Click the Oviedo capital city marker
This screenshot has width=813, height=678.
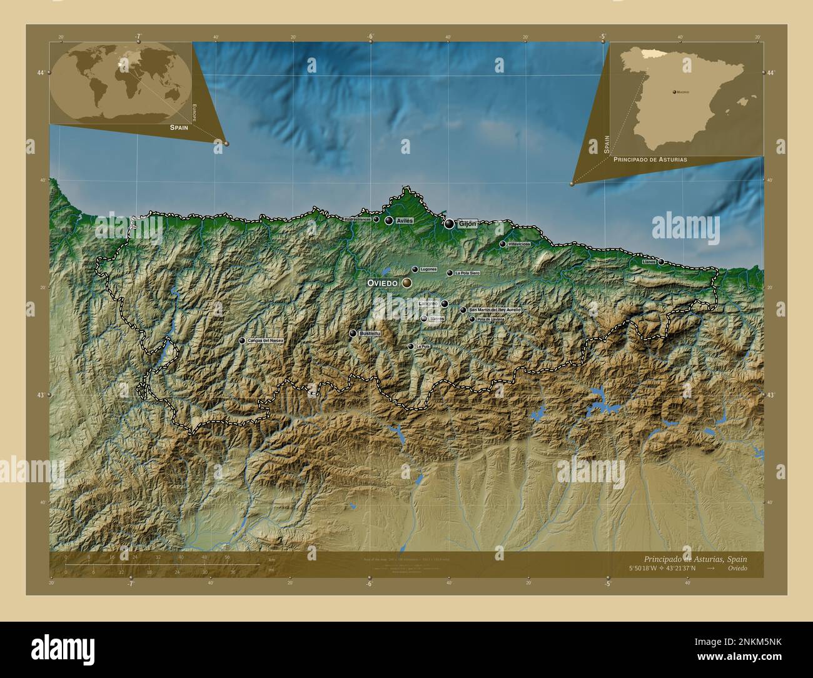[x=407, y=283]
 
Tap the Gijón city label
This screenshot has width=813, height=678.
[x=467, y=223]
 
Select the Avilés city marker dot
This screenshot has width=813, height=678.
[x=389, y=221]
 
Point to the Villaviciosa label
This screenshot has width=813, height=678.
[x=519, y=244]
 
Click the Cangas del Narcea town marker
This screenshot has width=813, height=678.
[x=242, y=341]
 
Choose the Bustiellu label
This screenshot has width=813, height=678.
[x=370, y=334]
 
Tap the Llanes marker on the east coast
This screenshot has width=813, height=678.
[x=661, y=261]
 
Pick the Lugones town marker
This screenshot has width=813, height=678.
[x=415, y=270]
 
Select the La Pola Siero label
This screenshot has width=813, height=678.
[x=467, y=273]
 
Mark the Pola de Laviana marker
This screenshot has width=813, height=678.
[x=472, y=319]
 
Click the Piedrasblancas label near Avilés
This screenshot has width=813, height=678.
[x=357, y=220]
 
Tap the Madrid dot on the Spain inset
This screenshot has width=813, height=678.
[x=674, y=92]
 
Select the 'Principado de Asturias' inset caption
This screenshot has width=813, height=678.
[x=650, y=159]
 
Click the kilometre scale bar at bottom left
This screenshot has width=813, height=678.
[x=163, y=565]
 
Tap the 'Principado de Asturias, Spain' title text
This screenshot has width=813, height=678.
[x=695, y=559]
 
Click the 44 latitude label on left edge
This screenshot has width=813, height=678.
[x=41, y=73]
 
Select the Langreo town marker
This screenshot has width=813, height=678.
[x=444, y=304]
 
